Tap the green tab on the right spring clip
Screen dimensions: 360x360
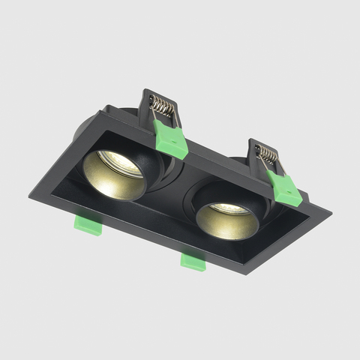pyautogui.click(x=283, y=187)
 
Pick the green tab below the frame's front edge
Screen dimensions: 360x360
pyautogui.click(x=193, y=260)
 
